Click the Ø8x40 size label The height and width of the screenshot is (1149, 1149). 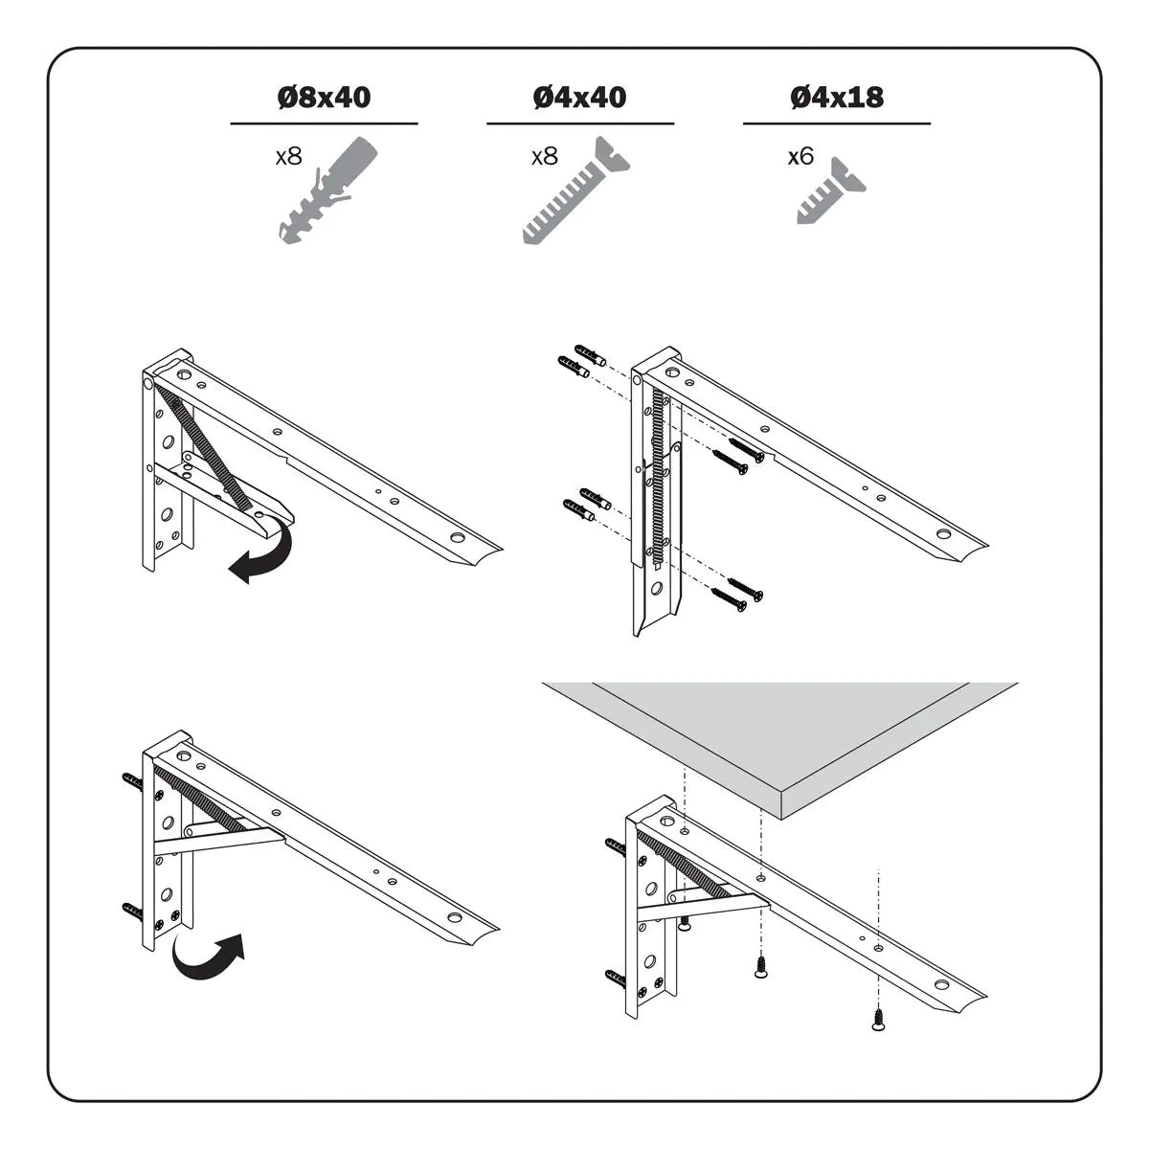click(323, 97)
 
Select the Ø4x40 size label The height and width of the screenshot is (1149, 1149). click(579, 97)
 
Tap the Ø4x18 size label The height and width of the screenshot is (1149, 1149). click(836, 97)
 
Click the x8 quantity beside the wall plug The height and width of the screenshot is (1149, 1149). click(288, 156)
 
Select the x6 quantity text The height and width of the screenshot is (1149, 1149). click(800, 156)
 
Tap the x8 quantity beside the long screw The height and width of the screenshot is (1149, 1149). click(544, 156)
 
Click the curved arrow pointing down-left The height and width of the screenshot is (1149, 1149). click(264, 551)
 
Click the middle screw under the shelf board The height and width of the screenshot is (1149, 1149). click(761, 968)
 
